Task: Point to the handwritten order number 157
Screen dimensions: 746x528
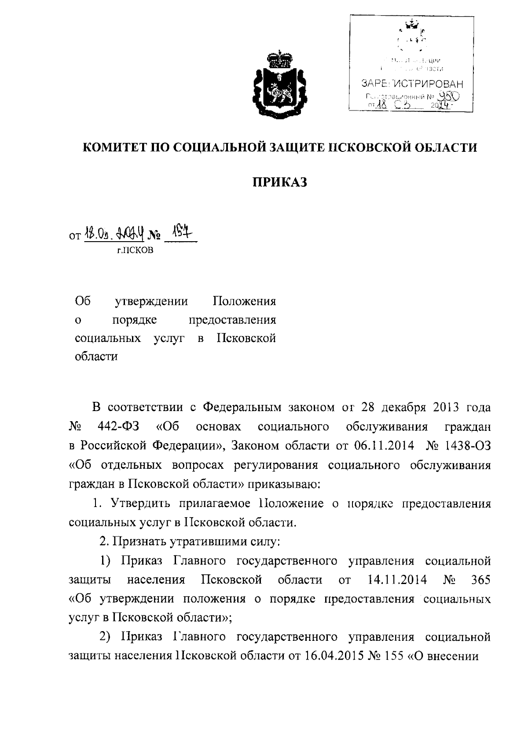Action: pos(180,236)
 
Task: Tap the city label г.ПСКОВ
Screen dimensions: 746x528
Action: pos(135,251)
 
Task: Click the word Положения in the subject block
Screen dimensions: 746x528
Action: pos(244,301)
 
